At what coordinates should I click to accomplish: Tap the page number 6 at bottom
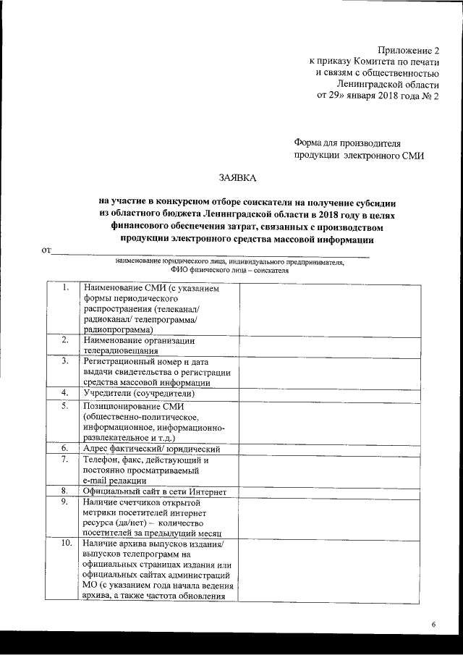coord(434,624)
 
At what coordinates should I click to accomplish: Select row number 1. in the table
coord(65,289)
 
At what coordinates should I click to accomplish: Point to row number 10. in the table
coord(65,543)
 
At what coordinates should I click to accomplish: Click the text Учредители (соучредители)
coord(139,393)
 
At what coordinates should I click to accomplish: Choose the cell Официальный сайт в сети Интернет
coord(155,491)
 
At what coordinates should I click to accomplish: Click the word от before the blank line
coord(48,251)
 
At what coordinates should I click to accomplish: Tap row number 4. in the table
coord(65,392)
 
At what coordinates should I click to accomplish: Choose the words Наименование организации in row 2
coord(138,339)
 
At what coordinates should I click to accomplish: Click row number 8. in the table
coord(65,491)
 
